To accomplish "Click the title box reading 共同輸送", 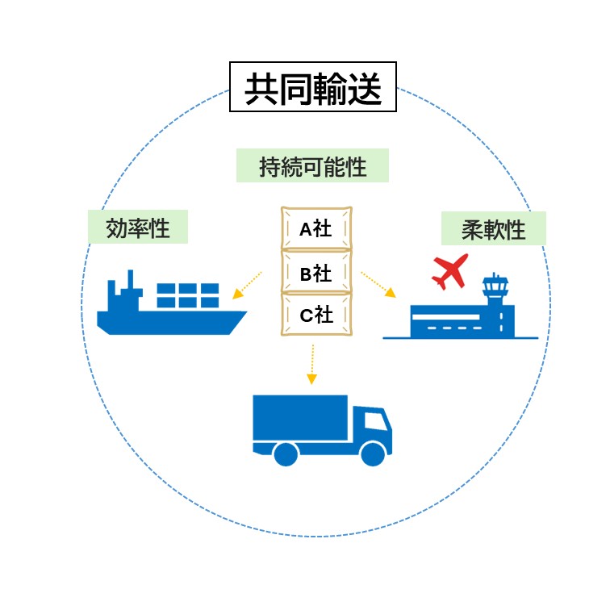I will (312, 87).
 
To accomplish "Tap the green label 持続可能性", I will (312, 166).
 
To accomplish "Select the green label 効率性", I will (138, 228).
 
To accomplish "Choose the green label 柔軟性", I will (493, 229).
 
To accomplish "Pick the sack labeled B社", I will (316, 273).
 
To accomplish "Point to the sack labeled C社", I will (316, 315).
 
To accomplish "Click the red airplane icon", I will (449, 272).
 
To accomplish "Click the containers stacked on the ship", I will (188, 295).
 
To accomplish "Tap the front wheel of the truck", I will (373, 453).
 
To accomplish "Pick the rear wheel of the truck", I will (286, 453).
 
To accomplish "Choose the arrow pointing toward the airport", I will (378, 284).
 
